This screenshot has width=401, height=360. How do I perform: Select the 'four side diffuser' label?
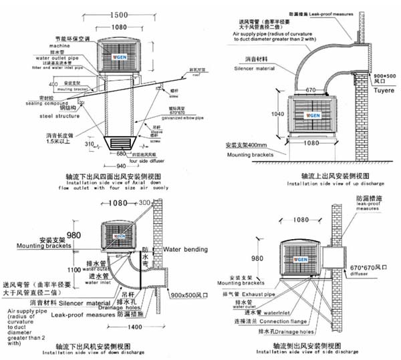147,161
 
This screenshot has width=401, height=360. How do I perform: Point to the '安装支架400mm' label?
249,144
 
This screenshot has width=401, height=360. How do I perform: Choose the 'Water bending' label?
188,231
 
